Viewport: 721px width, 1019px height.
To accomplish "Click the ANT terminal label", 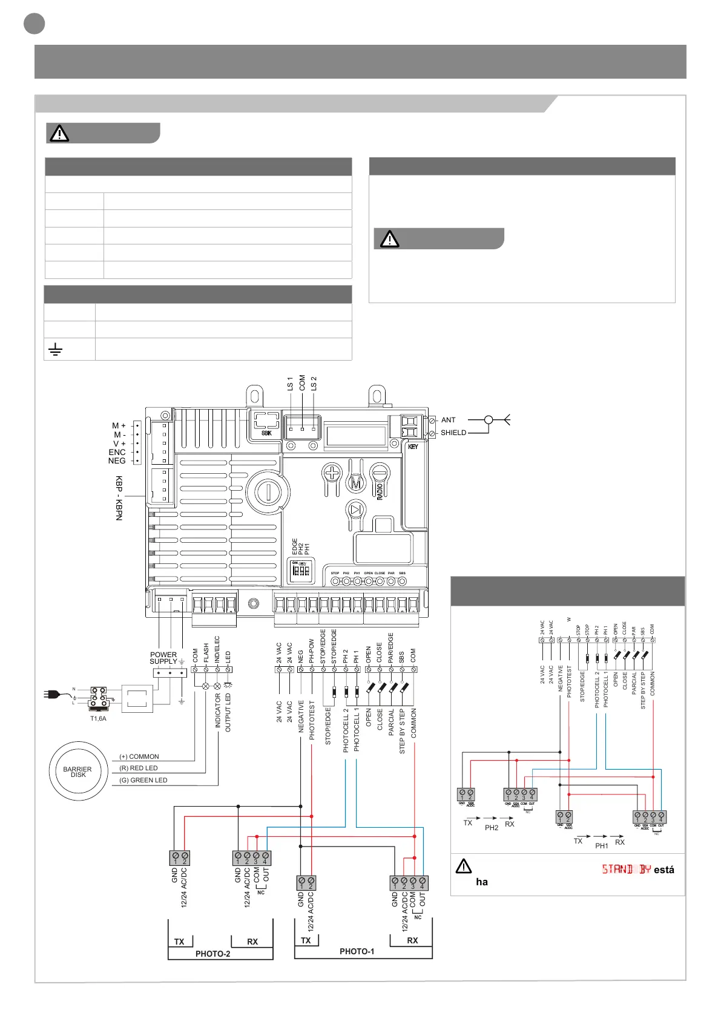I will pyautogui.click(x=448, y=420).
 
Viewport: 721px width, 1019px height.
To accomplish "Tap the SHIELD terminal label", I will pyautogui.click(x=453, y=433).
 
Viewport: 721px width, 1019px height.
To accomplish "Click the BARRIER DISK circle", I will pyautogui.click(x=77, y=772).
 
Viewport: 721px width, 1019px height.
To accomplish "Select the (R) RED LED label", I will pyautogui.click(x=139, y=768).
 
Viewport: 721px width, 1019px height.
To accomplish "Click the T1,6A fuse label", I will pyautogui.click(x=98, y=719).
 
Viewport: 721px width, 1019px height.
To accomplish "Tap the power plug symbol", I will pyautogui.click(x=51, y=695).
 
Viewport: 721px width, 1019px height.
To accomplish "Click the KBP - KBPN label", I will pyautogui.click(x=119, y=497).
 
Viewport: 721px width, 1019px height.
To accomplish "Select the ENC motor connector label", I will pyautogui.click(x=117, y=452).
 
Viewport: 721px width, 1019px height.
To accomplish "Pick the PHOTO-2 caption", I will pyautogui.click(x=212, y=954).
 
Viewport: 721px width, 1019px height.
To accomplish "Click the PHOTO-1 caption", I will pyautogui.click(x=357, y=951).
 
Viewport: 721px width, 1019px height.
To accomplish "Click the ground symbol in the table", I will pyautogui.click(x=55, y=349).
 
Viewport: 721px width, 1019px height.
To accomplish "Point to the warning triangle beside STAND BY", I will pyautogui.click(x=463, y=867).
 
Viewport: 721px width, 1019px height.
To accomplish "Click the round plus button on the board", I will pyautogui.click(x=332, y=472).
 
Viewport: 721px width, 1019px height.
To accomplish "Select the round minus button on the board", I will pyautogui.click(x=380, y=472).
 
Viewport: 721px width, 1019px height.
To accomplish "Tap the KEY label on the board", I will pyautogui.click(x=413, y=447).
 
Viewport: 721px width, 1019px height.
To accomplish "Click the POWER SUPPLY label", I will pyautogui.click(x=163, y=658).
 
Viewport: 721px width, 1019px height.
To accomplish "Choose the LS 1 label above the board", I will pyautogui.click(x=290, y=383).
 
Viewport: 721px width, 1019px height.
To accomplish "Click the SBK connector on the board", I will pyautogui.click(x=266, y=424).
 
